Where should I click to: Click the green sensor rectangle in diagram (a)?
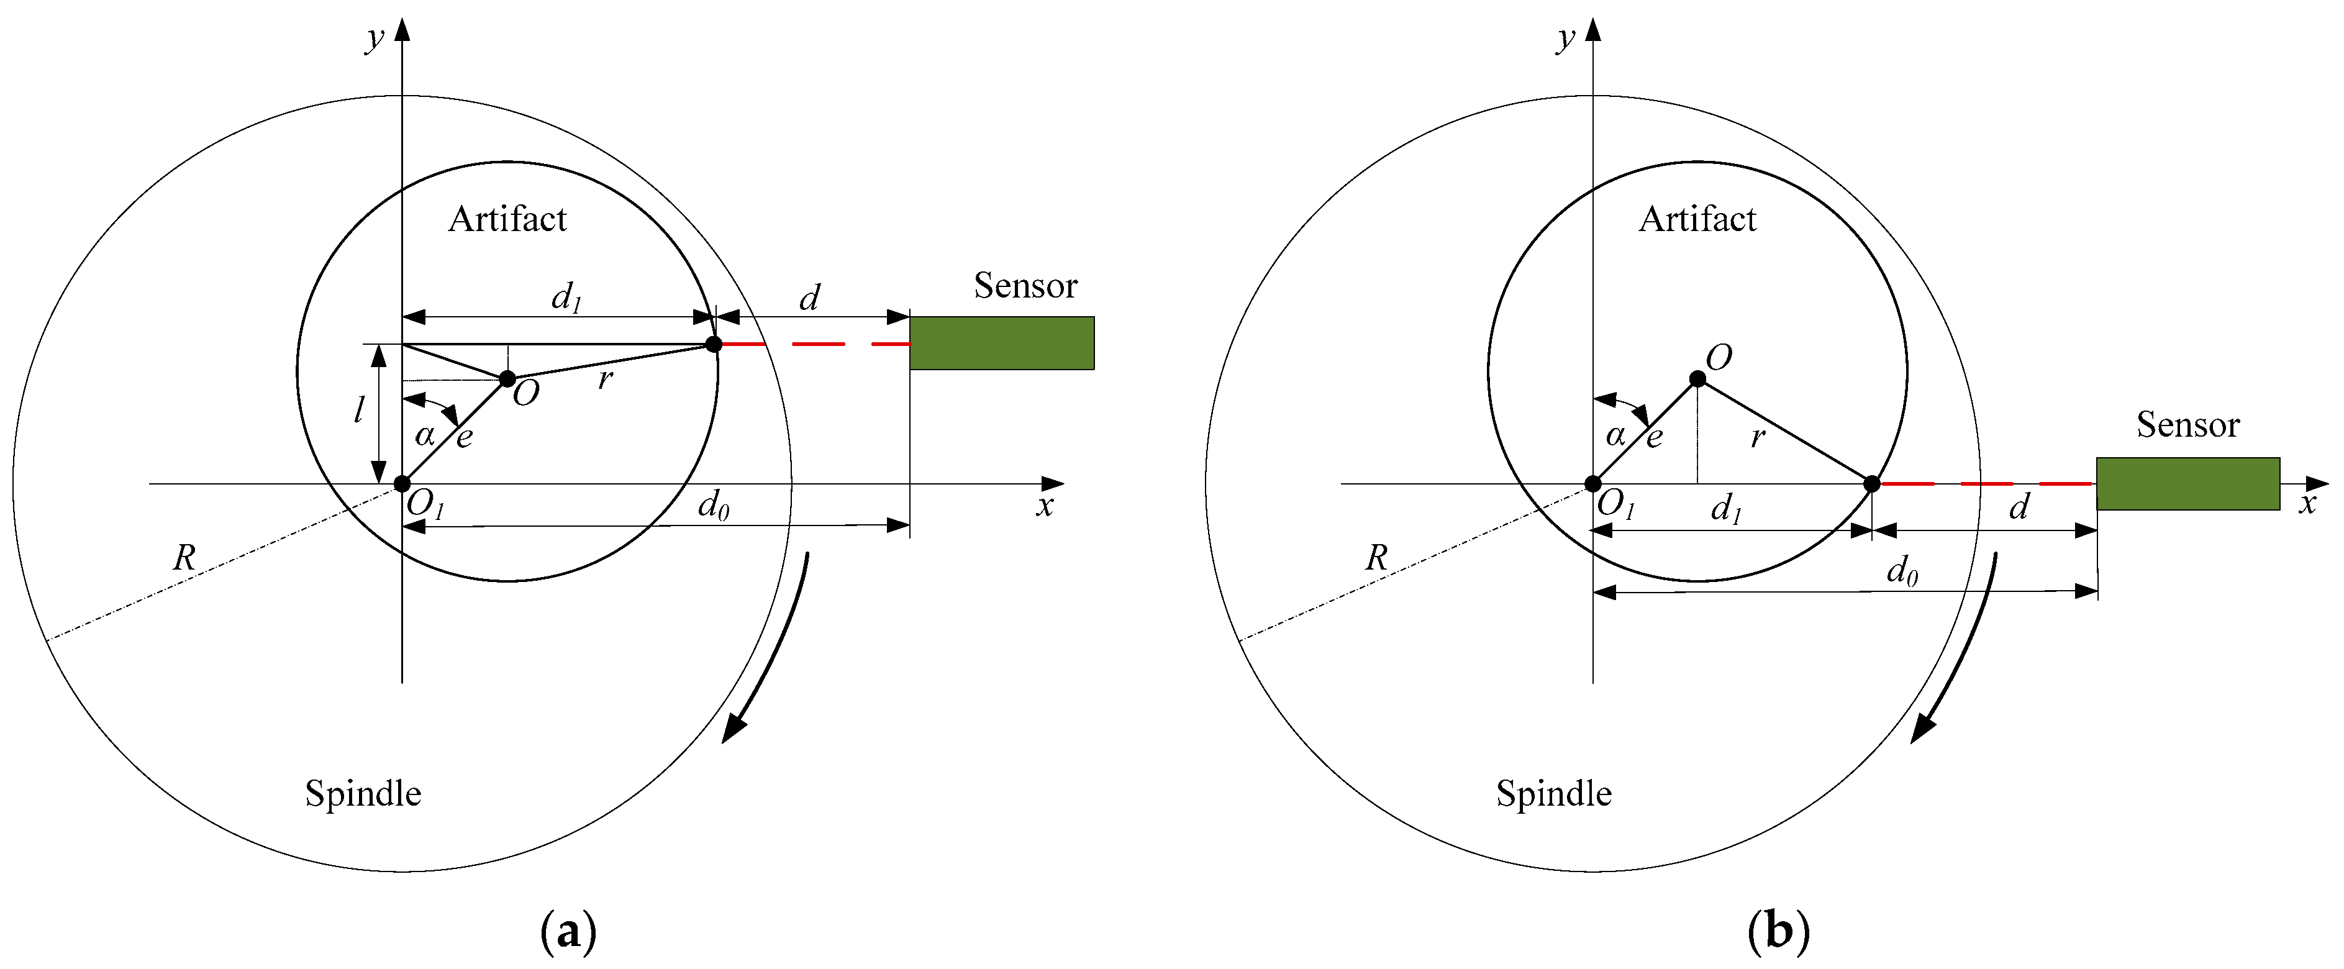click(x=1002, y=343)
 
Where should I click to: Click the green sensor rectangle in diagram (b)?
click(x=2188, y=483)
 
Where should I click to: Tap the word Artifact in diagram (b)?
click(x=1698, y=219)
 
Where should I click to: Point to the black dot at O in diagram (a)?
click(x=508, y=378)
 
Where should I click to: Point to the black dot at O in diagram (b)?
click(x=1697, y=378)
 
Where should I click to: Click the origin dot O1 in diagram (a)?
click(x=402, y=483)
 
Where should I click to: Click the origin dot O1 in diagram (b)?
click(x=1592, y=483)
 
